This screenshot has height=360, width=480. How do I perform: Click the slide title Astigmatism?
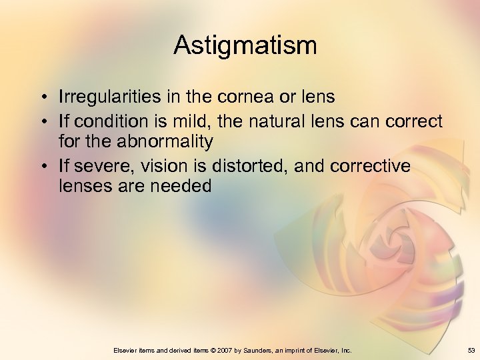click(245, 45)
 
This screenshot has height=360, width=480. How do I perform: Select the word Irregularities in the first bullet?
click(109, 97)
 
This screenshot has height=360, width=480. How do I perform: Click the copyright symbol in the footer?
click(215, 350)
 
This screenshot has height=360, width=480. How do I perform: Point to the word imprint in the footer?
click(299, 350)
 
